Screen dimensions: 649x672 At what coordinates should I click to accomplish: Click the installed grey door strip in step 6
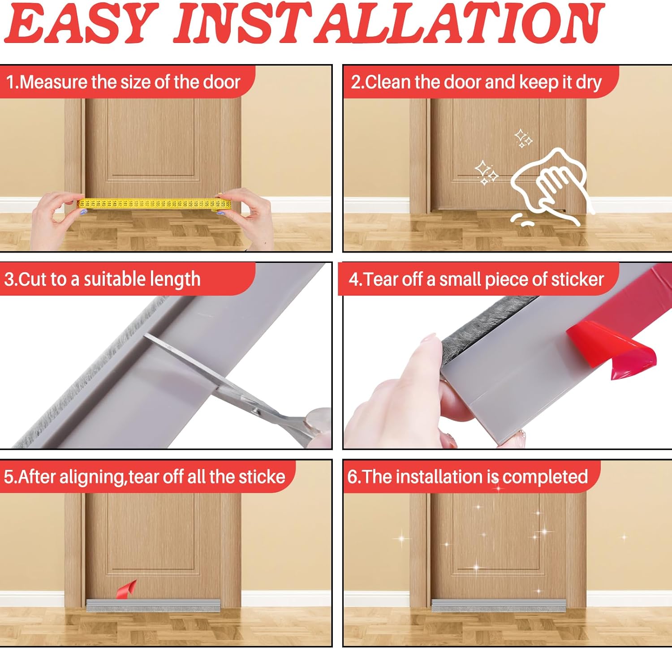pyautogui.click(x=498, y=605)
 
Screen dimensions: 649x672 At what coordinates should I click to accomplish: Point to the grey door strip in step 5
pyautogui.click(x=152, y=605)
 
